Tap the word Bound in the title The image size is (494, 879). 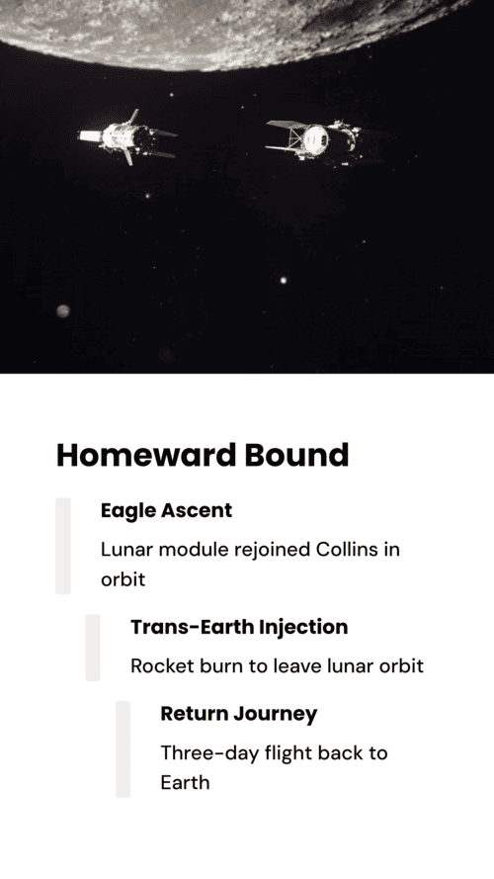(x=296, y=455)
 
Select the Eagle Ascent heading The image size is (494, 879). (x=166, y=511)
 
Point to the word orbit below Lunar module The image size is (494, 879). (x=123, y=578)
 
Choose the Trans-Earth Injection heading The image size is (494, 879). (x=239, y=627)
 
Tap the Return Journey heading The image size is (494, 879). (x=239, y=714)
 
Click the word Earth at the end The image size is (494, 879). (x=185, y=782)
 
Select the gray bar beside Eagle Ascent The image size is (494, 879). (x=63, y=546)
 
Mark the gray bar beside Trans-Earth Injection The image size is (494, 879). (x=93, y=648)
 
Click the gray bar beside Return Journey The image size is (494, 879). (x=123, y=748)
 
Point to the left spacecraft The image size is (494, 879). (x=127, y=137)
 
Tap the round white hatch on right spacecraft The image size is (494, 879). (x=315, y=139)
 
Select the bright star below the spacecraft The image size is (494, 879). (x=284, y=280)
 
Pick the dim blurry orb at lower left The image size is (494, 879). (x=62, y=310)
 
